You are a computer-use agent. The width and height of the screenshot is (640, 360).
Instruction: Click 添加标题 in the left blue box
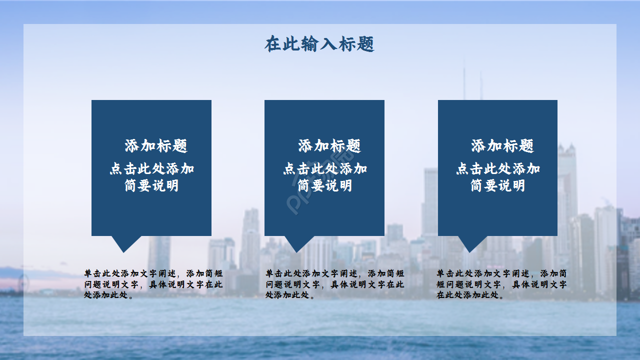[156, 146]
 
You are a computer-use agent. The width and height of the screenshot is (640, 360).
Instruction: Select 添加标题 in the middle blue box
[329, 146]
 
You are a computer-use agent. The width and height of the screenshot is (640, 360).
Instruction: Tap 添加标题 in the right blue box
[502, 146]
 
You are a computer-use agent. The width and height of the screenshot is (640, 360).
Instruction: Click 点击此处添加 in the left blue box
[152, 168]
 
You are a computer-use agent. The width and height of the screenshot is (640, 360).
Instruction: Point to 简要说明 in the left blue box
[151, 186]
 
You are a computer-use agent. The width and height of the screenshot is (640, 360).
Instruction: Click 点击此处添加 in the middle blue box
[325, 168]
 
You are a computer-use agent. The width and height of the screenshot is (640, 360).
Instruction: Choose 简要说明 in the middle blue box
[325, 186]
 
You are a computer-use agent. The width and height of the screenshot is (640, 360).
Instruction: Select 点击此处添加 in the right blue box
[498, 168]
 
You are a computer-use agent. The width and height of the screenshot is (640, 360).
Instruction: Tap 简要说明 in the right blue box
[498, 186]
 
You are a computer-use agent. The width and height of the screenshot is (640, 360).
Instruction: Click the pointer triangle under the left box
[125, 243]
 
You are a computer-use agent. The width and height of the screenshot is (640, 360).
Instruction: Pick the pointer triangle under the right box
[472, 243]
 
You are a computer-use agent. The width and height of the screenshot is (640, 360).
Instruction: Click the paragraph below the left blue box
[153, 284]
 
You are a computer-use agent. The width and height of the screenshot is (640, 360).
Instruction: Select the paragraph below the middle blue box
[334, 284]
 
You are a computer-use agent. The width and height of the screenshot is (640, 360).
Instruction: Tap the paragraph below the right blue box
[501, 284]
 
